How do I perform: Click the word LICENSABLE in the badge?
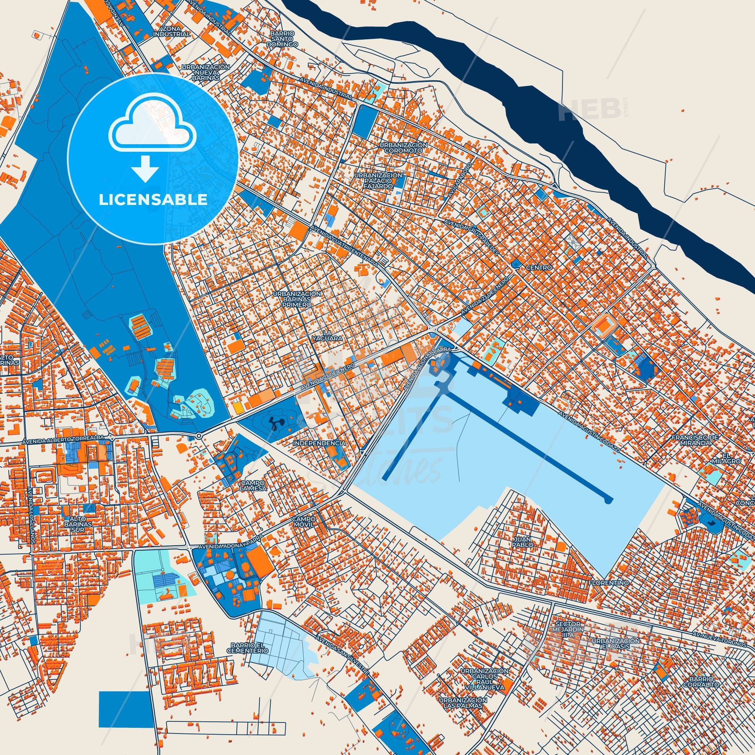pyautogui.click(x=153, y=200)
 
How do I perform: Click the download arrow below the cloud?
pyautogui.click(x=145, y=168)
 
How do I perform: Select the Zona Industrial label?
pyautogui.click(x=171, y=32)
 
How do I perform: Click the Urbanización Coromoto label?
pyautogui.click(x=403, y=147)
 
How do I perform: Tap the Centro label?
pyautogui.click(x=539, y=268)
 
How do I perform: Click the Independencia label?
pyautogui.click(x=319, y=443)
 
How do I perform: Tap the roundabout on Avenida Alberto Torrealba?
pyautogui.click(x=199, y=435)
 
